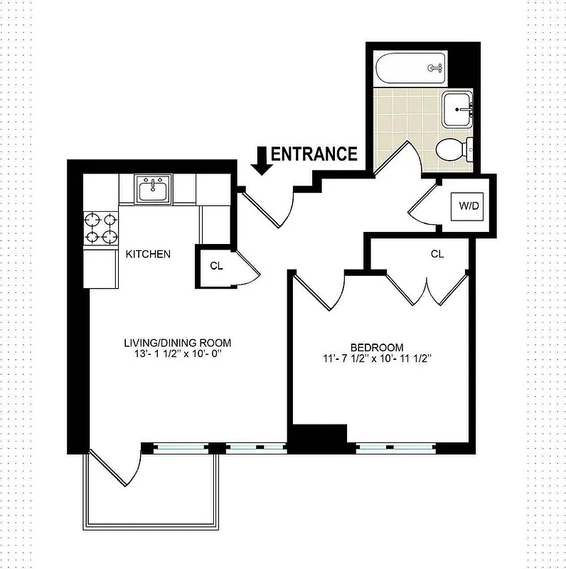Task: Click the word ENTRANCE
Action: [x=314, y=154]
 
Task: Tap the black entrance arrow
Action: [x=262, y=161]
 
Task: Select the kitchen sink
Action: [x=154, y=190]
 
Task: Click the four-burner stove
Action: [x=101, y=229]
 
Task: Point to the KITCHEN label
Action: [x=148, y=254]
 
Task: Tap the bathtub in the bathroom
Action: [x=411, y=68]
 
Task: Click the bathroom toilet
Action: [x=452, y=149]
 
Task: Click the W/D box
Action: [x=468, y=206]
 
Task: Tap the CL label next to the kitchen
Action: [x=215, y=266]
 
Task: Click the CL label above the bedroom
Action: [x=437, y=253]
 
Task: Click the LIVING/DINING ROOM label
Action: [x=177, y=342]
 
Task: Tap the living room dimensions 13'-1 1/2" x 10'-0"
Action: [x=177, y=355]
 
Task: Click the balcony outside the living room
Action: [x=153, y=491]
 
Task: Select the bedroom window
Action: [x=395, y=448]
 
